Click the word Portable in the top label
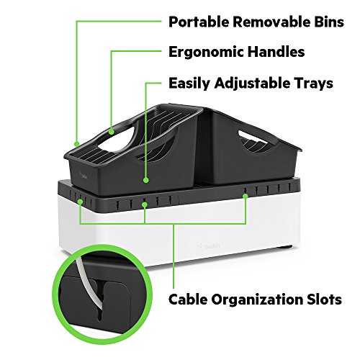[x=199, y=22]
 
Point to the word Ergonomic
[x=206, y=52]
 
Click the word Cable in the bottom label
[x=188, y=300]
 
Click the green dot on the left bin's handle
[x=111, y=132]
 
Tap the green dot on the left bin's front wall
[x=146, y=180]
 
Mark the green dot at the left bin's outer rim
[x=76, y=144]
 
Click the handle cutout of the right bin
[x=254, y=139]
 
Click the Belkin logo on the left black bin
[x=82, y=176]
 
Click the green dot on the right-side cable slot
[x=245, y=196]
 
